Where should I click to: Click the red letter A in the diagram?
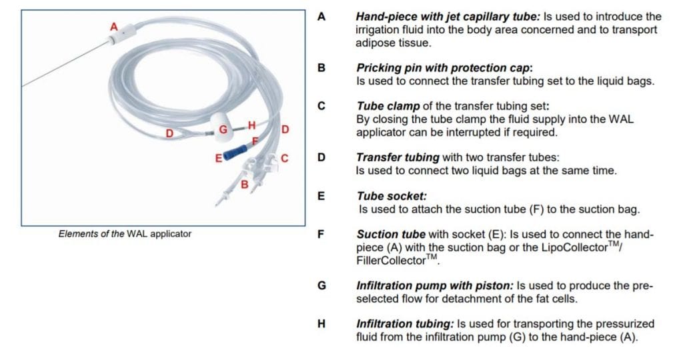click(113, 27)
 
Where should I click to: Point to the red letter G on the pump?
click(224, 129)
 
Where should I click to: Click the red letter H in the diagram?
click(251, 125)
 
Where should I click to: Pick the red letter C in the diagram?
click(285, 158)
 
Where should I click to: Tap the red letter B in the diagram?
click(244, 183)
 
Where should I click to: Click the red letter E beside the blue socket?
click(217, 159)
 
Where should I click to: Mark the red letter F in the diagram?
click(254, 141)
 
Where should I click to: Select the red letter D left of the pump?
click(169, 133)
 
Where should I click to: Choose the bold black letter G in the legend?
click(321, 285)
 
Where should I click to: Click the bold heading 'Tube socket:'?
click(392, 197)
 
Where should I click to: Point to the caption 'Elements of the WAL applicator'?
click(125, 234)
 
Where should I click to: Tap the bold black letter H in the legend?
click(321, 324)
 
